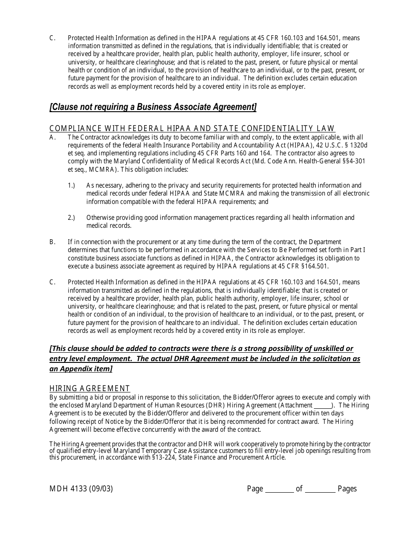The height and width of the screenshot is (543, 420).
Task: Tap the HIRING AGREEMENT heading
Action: [x=90, y=388]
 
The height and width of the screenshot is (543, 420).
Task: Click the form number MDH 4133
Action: [x=69, y=489]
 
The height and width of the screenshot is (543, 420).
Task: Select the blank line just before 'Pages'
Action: [x=320, y=489]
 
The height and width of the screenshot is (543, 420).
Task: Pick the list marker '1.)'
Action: [x=71, y=185]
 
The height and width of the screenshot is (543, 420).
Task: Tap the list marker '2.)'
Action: [x=71, y=218]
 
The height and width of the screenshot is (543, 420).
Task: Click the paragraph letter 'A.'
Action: [x=53, y=137]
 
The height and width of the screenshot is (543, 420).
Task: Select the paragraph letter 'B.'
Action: [x=53, y=242]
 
